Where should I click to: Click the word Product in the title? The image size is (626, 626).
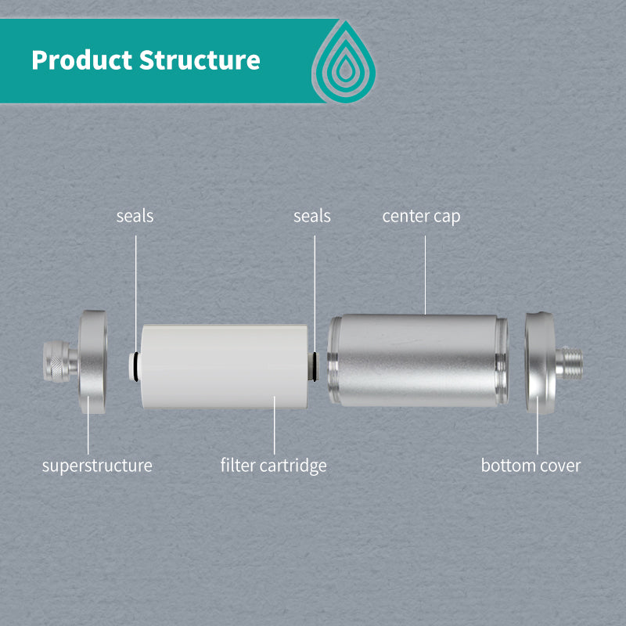82,60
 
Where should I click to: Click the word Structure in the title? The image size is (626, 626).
200,60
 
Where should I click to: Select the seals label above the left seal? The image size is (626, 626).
135,216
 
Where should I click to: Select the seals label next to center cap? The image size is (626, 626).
312,216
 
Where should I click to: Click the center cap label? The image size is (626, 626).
421,217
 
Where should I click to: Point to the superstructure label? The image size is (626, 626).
97,466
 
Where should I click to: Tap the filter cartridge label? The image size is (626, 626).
273,466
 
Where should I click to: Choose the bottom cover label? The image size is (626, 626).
531,466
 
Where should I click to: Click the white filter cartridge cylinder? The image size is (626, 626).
224,366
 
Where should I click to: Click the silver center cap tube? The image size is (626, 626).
418,360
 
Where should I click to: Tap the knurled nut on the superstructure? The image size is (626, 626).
56,362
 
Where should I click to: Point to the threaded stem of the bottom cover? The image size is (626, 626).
570,363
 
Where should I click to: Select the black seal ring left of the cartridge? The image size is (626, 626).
136,366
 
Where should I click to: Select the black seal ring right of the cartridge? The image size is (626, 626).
315,366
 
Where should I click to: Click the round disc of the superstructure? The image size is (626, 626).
93,362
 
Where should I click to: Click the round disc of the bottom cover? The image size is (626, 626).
540,362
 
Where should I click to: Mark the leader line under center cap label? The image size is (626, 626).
425,275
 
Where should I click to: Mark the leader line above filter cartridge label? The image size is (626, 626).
275,425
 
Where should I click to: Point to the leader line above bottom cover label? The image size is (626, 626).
538,425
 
